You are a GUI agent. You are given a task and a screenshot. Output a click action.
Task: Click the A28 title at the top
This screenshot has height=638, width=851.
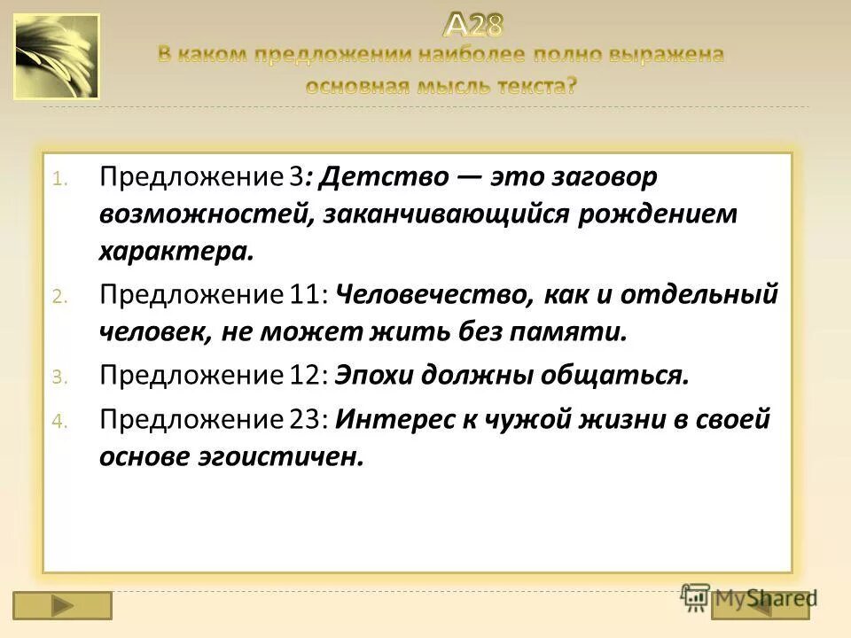pyautogui.click(x=473, y=25)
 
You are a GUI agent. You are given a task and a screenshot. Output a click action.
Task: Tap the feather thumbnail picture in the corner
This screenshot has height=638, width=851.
pyautogui.click(x=57, y=57)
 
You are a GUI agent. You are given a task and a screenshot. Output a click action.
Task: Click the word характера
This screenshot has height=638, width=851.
pyautogui.click(x=176, y=252)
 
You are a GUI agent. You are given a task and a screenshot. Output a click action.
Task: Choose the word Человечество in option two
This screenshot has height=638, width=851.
pyautogui.click(x=431, y=294)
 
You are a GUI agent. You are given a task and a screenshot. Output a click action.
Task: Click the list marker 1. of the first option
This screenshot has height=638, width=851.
pyautogui.click(x=58, y=178)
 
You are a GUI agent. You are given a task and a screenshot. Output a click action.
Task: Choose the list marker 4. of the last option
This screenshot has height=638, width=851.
pyautogui.click(x=58, y=419)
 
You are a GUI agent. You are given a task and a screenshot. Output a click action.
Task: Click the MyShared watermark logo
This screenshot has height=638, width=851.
pyautogui.click(x=749, y=598)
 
